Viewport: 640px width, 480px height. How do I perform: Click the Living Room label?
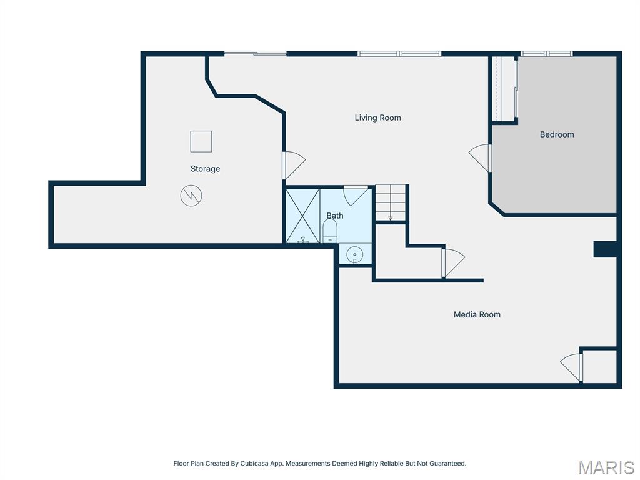click(377, 117)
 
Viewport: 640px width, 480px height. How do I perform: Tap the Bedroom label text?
click(556, 134)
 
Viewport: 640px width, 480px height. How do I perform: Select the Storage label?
click(205, 169)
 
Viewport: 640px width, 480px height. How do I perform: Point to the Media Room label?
click(477, 314)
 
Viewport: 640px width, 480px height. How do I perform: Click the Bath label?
click(334, 216)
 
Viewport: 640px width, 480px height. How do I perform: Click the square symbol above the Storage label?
click(201, 141)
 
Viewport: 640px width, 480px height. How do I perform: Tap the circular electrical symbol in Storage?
click(191, 196)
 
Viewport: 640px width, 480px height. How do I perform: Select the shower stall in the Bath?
click(302, 216)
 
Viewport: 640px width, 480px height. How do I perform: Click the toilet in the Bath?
click(330, 231)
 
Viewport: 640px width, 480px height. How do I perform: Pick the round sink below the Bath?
click(355, 254)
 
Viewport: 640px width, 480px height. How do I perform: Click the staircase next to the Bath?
click(390, 202)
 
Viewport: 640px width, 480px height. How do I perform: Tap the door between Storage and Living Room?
click(292, 164)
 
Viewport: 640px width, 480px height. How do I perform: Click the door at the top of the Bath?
click(356, 194)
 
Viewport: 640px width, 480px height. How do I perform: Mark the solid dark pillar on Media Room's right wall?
click(604, 249)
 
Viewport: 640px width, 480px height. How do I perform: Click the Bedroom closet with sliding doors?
click(504, 89)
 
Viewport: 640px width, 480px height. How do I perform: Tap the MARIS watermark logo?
click(606, 467)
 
